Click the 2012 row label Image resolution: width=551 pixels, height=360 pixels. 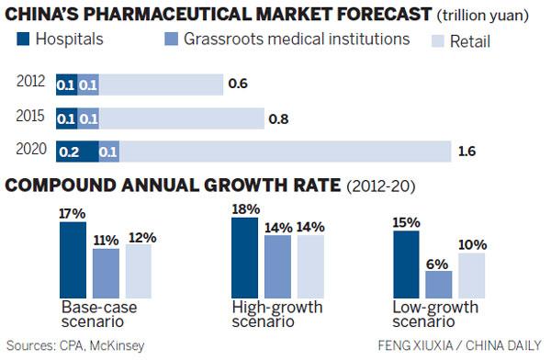click(x=30, y=84)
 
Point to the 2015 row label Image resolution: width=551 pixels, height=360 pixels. click(x=30, y=118)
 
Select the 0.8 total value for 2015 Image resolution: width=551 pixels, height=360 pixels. click(x=278, y=118)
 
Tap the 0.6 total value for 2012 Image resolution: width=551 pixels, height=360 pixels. click(x=238, y=84)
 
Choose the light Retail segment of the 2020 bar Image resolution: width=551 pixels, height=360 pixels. click(x=285, y=152)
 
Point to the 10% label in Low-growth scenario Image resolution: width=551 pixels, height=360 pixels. click(x=473, y=245)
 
